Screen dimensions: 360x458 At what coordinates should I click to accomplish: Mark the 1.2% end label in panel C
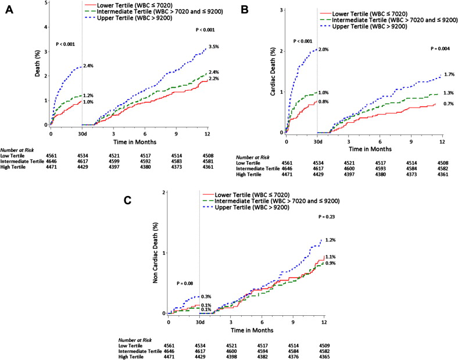tap(331, 240)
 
